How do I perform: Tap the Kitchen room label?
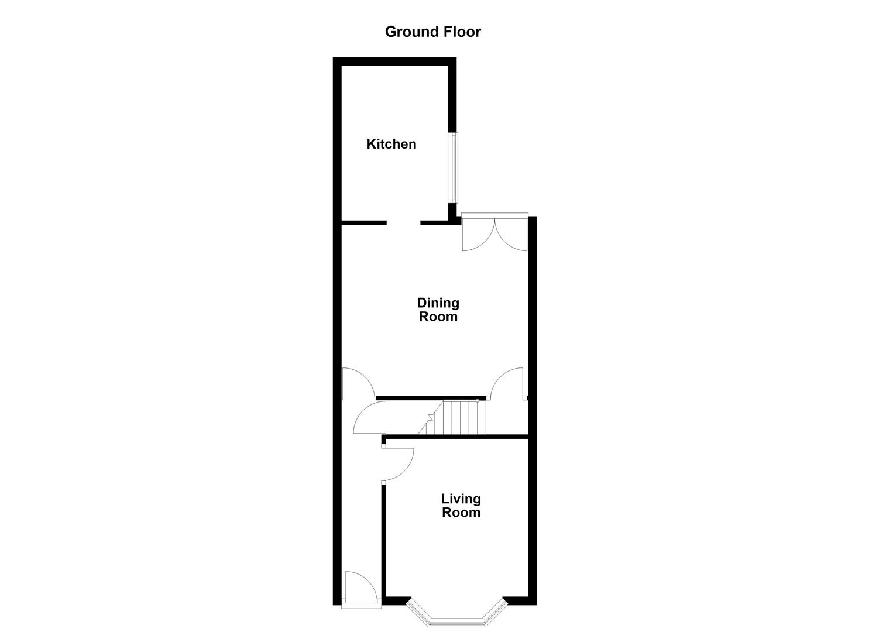point(391,144)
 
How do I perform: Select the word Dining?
point(438,303)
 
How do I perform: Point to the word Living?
point(461,499)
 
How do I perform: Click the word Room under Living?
point(461,513)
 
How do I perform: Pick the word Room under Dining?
point(438,317)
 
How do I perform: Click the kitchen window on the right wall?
point(454,167)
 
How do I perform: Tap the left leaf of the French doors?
point(477,235)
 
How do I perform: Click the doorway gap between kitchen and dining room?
point(403,223)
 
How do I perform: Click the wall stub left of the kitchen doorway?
point(363,223)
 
